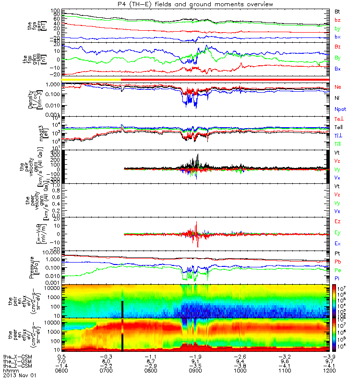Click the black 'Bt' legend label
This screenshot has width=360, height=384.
[x=337, y=11]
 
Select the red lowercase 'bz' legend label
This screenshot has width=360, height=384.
[x=337, y=20]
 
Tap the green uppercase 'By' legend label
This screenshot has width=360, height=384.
[x=338, y=58]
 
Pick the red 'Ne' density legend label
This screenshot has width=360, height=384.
[x=338, y=87]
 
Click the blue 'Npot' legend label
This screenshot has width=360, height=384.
[x=340, y=108]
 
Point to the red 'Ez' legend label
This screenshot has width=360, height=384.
[x=338, y=222]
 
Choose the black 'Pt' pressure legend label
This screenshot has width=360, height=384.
[x=337, y=253]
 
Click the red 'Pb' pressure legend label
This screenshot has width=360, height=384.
[x=338, y=262]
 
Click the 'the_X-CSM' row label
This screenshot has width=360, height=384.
[x=17, y=357]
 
